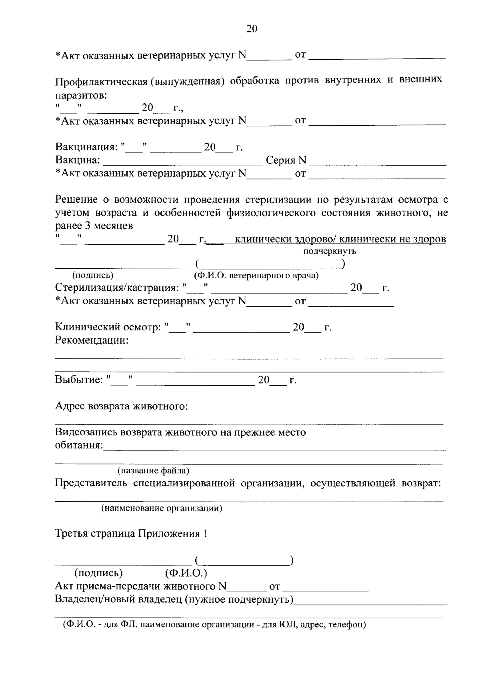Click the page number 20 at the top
click(x=252, y=29)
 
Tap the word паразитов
click(x=81, y=96)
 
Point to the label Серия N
click(x=286, y=161)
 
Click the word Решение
click(x=76, y=199)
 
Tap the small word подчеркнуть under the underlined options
click(x=330, y=251)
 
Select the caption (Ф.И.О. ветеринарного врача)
click(x=256, y=276)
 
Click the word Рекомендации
click(x=92, y=341)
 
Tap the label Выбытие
click(x=79, y=380)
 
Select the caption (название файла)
click(x=153, y=470)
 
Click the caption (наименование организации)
click(x=162, y=509)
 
